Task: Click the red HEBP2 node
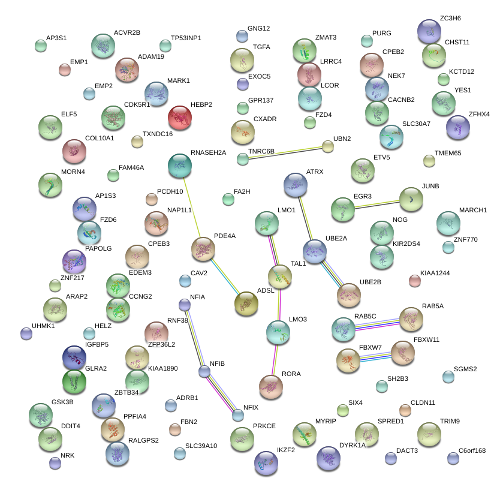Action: pyautogui.click(x=179, y=118)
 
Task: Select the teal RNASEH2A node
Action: pyautogui.click(x=179, y=166)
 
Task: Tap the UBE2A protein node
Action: pyautogui.click(x=314, y=251)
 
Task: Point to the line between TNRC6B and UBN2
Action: pyautogui.click(x=285, y=152)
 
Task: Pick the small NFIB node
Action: pyautogui.click(x=204, y=371)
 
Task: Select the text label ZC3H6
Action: pyautogui.click(x=450, y=18)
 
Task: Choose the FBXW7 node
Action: pyautogui.click(x=348, y=360)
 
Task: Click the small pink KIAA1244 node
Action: pyautogui.click(x=414, y=281)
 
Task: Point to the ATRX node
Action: pyautogui.click(x=295, y=185)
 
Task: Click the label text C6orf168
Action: pyautogui.click(x=472, y=450)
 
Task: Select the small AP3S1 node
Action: pyautogui.click(x=41, y=45)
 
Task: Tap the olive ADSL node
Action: pyautogui.click(x=246, y=303)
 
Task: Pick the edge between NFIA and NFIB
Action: pyautogui.click(x=194, y=338)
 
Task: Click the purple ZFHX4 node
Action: pyautogui.click(x=458, y=127)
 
